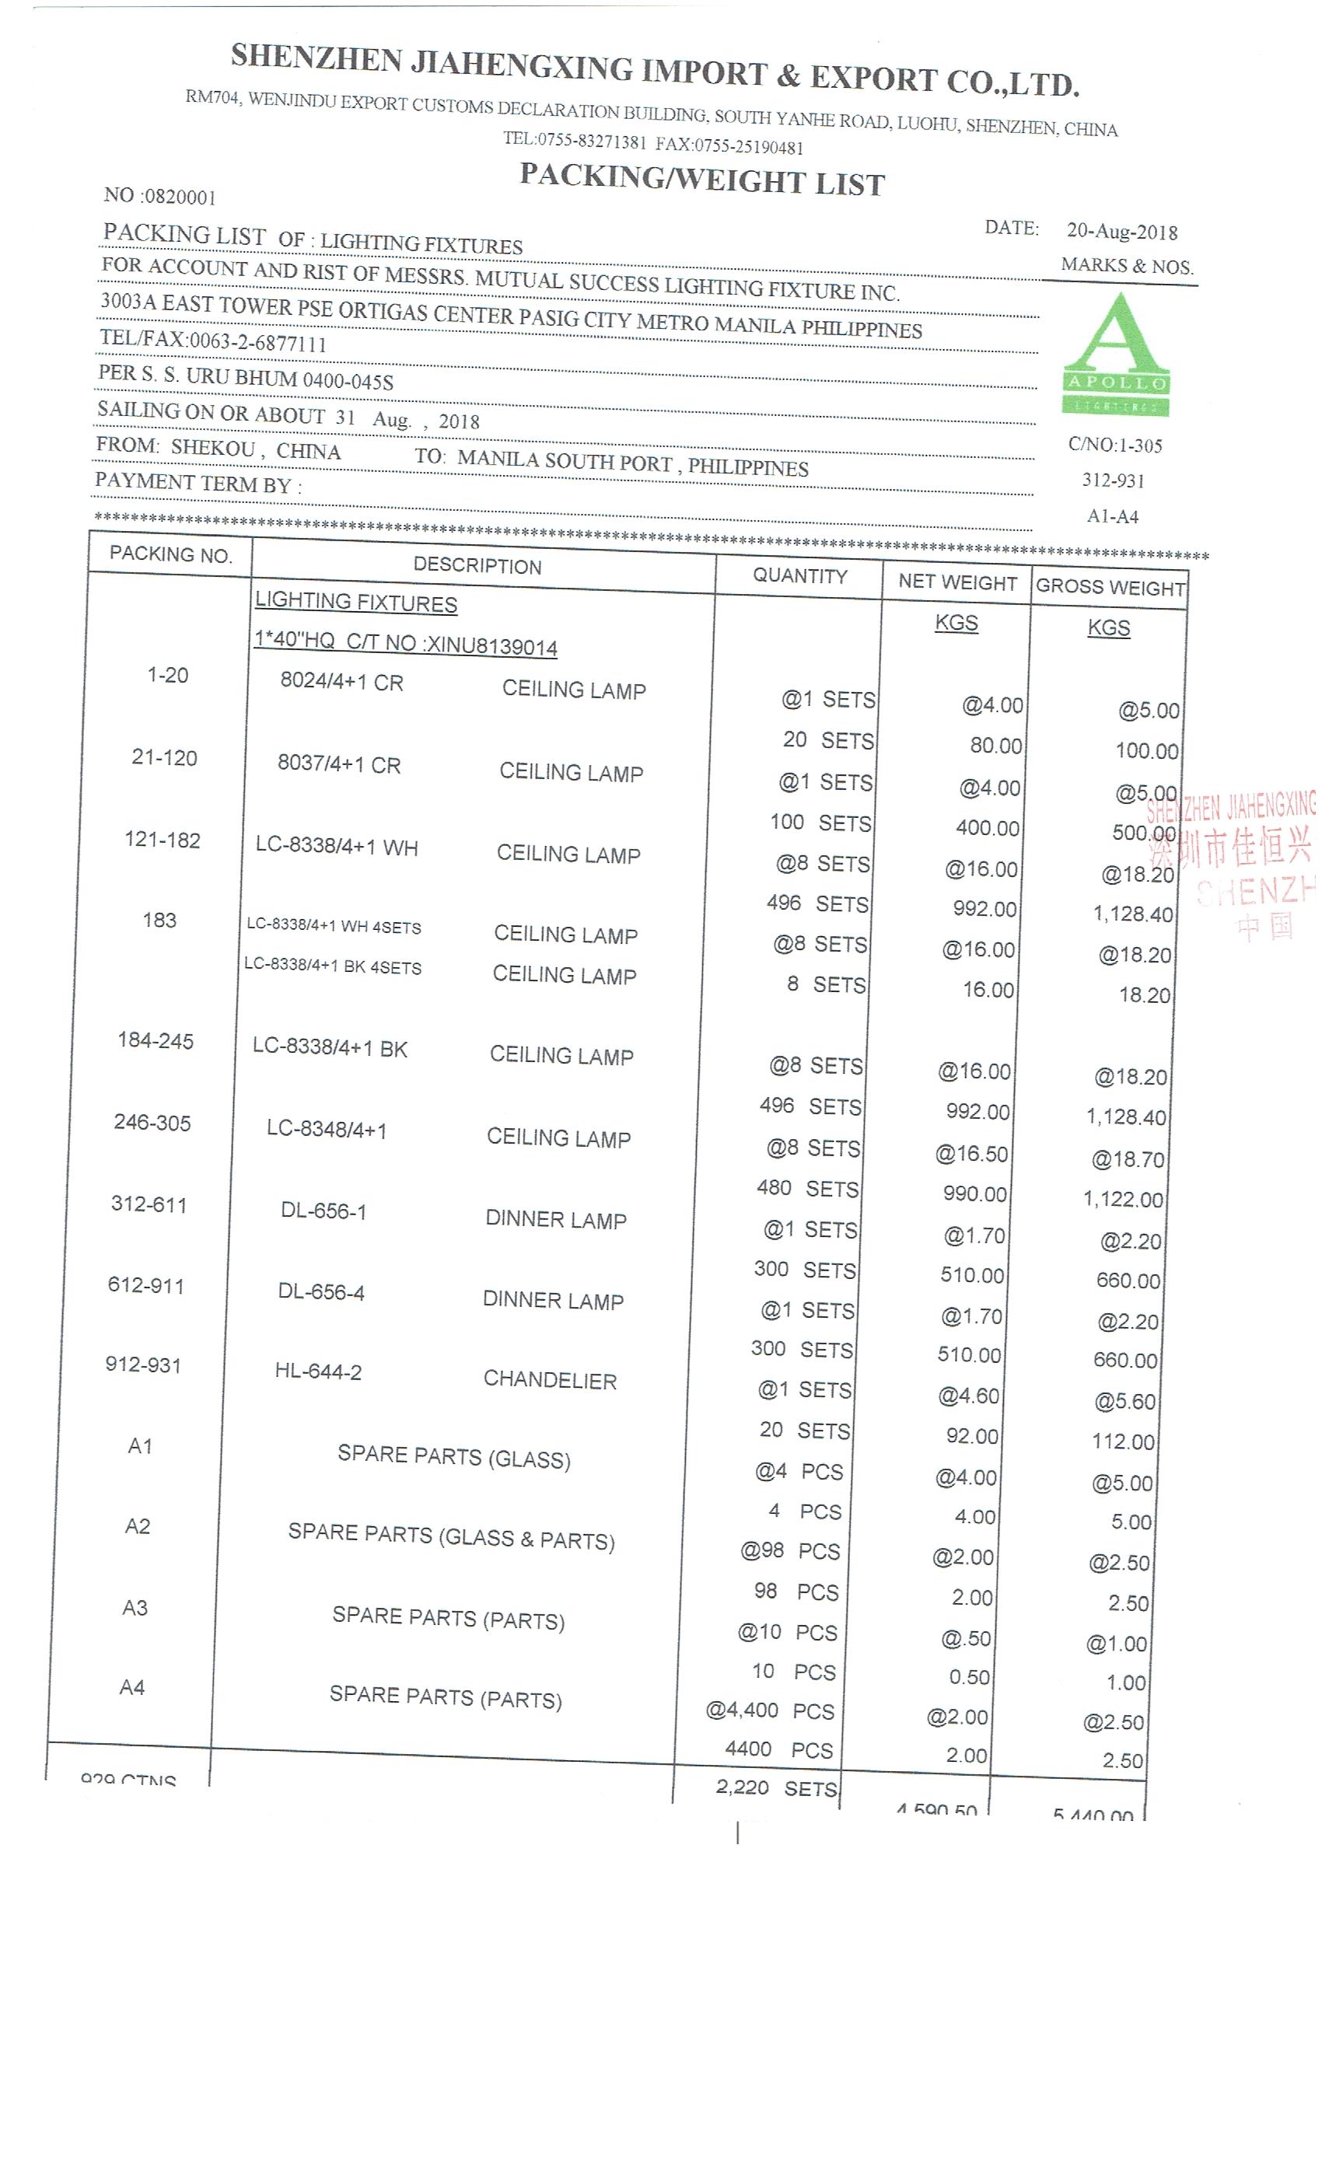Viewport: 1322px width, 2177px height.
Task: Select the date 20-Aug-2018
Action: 1121,232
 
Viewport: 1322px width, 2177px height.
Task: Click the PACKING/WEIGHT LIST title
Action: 701,180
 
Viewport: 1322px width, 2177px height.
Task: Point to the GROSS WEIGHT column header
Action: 1110,588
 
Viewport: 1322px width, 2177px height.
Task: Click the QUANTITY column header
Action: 799,576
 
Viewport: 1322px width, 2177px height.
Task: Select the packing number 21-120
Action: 164,757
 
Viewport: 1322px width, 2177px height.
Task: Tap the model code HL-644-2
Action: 318,1372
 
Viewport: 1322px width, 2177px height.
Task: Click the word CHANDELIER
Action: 550,1380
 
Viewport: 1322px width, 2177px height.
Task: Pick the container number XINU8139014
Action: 491,646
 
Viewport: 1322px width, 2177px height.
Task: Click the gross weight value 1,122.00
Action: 1123,1199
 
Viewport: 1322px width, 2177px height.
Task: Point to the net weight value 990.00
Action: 974,1193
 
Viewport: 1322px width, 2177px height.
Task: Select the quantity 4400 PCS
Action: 778,1749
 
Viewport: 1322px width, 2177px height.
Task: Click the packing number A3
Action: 135,1607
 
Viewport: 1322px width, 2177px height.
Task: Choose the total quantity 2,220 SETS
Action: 776,1787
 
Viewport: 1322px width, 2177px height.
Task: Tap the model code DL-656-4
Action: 320,1291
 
